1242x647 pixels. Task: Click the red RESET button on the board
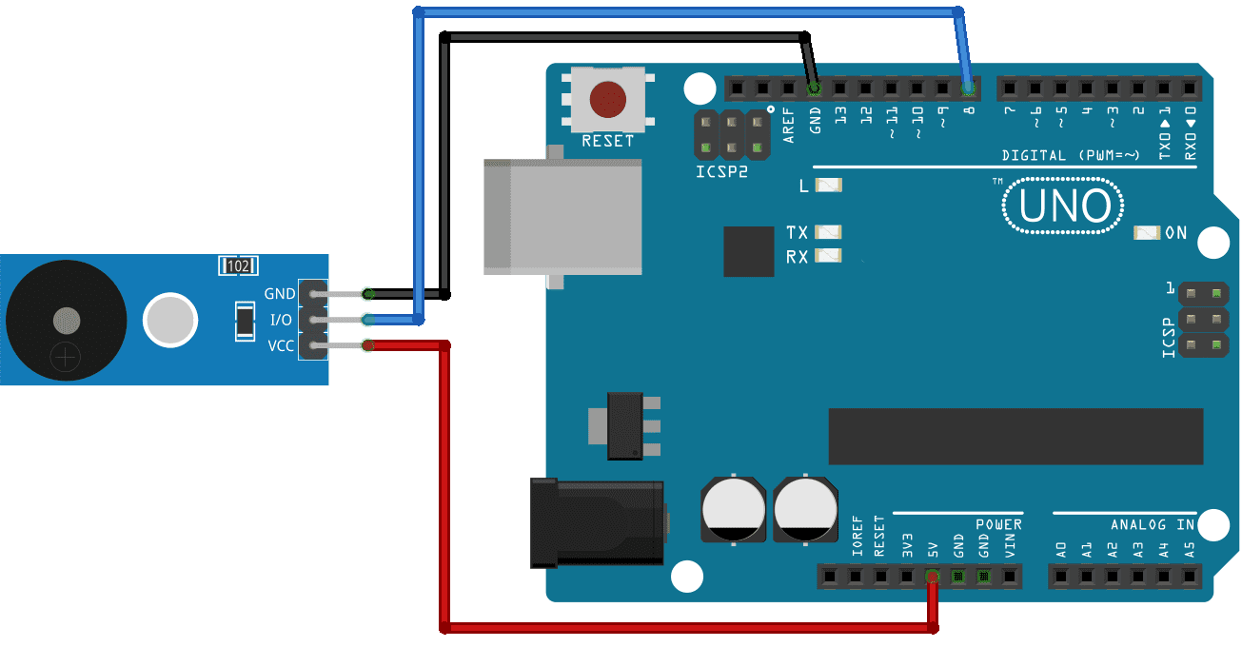[607, 100]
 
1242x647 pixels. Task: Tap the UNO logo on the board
[1062, 206]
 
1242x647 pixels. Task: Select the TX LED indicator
[829, 232]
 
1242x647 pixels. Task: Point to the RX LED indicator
[829, 255]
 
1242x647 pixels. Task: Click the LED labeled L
[829, 186]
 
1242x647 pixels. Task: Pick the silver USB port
[562, 218]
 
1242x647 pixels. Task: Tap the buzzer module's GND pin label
[280, 294]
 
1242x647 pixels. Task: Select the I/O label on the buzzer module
[280, 320]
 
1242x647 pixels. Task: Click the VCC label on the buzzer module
[280, 345]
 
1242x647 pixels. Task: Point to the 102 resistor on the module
[237, 266]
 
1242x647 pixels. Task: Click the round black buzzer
[65, 319]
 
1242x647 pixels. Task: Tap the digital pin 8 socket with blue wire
[968, 89]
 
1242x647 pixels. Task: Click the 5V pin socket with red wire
[932, 576]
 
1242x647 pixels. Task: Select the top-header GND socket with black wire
[814, 89]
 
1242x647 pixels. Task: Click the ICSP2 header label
[721, 172]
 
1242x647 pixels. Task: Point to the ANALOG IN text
[1152, 524]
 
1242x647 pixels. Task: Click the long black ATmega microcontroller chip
[1015, 436]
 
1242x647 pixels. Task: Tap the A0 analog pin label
[1060, 549]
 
